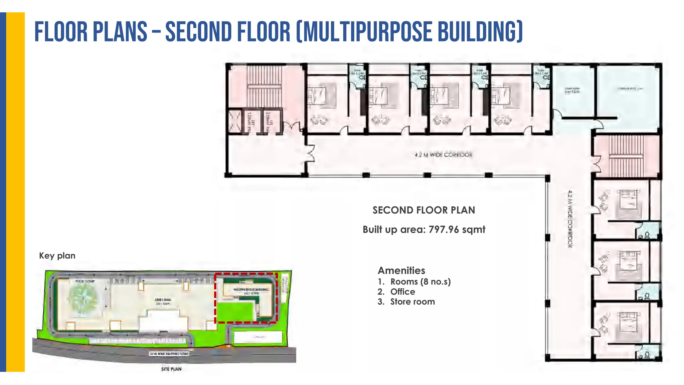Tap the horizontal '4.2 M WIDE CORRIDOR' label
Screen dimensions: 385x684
[443, 155]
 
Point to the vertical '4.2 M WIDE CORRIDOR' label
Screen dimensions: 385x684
[570, 219]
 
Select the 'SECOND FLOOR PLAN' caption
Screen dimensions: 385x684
[423, 210]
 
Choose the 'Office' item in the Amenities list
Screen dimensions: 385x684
[402, 292]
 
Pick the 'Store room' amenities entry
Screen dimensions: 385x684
[412, 302]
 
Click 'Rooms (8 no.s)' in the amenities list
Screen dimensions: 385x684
[420, 282]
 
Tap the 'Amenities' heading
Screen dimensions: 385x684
[401, 270]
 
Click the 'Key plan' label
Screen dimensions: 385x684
[57, 256]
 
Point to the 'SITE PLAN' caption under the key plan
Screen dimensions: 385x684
[171, 369]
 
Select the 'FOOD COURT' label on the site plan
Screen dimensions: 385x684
[85, 281]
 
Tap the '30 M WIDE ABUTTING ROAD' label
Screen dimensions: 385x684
[169, 354]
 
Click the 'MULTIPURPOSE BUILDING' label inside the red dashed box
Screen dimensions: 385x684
[250, 289]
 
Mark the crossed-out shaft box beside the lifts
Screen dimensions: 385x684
[234, 121]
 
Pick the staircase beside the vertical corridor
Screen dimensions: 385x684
[626, 156]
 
